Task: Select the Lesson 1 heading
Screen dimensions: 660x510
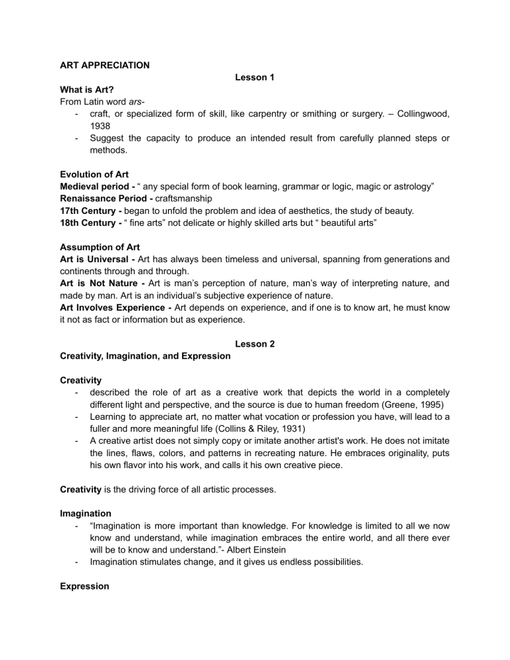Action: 254,78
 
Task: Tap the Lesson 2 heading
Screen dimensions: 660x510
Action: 254,343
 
